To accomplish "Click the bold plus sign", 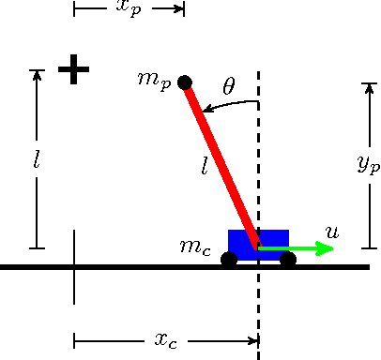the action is point(73,69).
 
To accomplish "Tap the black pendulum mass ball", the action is point(185,82).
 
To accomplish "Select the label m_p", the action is point(153,79).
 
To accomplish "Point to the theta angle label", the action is point(229,86).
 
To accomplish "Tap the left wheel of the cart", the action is point(229,259).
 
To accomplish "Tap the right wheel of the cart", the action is point(288,259).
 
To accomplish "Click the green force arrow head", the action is point(326,248).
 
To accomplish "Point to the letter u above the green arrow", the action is point(330,231).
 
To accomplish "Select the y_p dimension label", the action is point(368,164).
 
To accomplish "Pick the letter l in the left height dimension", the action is point(36,160).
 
